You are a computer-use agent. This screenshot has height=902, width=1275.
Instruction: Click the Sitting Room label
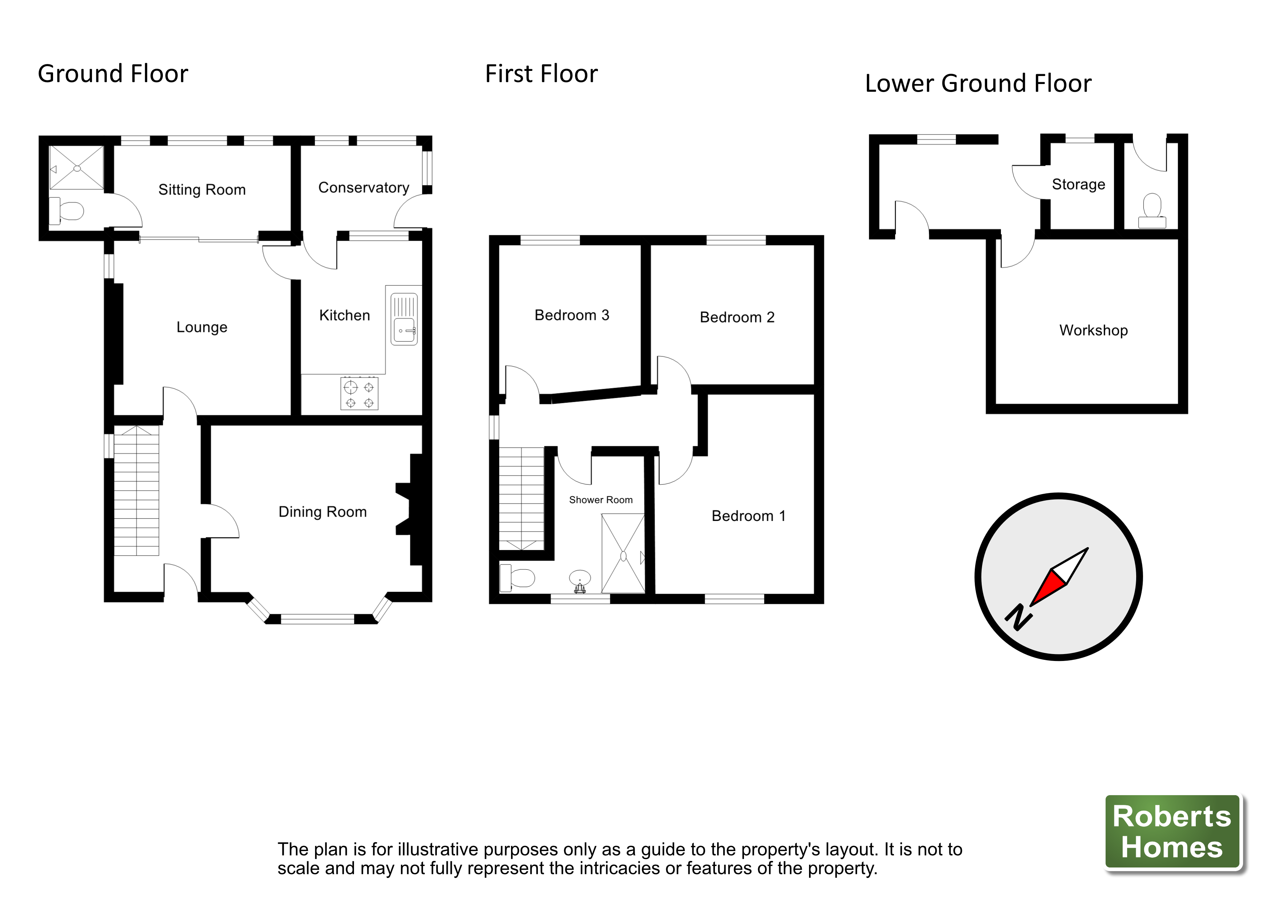click(202, 190)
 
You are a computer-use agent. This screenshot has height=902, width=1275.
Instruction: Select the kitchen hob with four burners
click(359, 394)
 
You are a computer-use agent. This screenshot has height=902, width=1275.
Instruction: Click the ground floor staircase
click(137, 491)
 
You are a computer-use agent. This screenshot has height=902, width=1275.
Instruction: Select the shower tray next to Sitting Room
click(77, 168)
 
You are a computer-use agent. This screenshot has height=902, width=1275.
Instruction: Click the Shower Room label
click(600, 500)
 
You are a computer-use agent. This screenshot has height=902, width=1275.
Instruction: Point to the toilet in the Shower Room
click(518, 578)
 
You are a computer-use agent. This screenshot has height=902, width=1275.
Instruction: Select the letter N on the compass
click(1018, 617)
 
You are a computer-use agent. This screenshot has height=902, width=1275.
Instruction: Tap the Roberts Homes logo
click(1172, 831)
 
